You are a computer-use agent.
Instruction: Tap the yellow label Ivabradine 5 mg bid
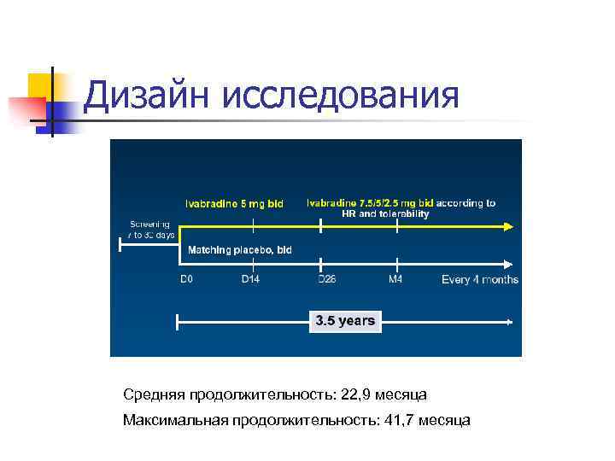pos(235,203)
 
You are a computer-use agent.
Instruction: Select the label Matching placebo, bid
pos(240,249)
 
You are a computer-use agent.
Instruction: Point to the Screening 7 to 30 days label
pos(150,229)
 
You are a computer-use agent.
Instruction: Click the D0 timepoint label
pos(186,279)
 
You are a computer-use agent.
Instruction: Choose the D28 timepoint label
pos(326,279)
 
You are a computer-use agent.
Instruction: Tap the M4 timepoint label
pos(395,279)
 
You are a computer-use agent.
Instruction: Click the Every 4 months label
pos(479,280)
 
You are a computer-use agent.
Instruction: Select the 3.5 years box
pos(345,321)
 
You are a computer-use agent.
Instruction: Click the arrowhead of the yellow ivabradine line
pos(508,226)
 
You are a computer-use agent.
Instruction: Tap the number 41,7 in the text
pos(402,420)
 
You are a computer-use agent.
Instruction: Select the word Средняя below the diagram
pos(151,394)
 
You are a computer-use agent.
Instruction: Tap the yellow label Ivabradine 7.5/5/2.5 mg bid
pos(371,203)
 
